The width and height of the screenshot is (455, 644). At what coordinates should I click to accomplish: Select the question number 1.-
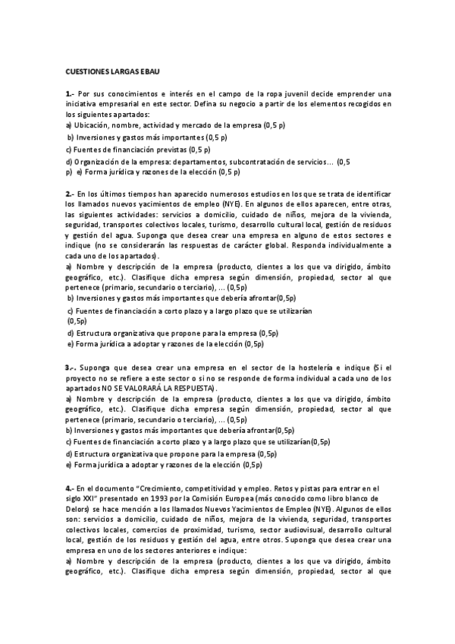click(x=71, y=93)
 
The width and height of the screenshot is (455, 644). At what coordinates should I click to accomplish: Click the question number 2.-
click(x=71, y=194)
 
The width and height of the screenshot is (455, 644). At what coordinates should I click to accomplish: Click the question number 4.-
click(x=71, y=488)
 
